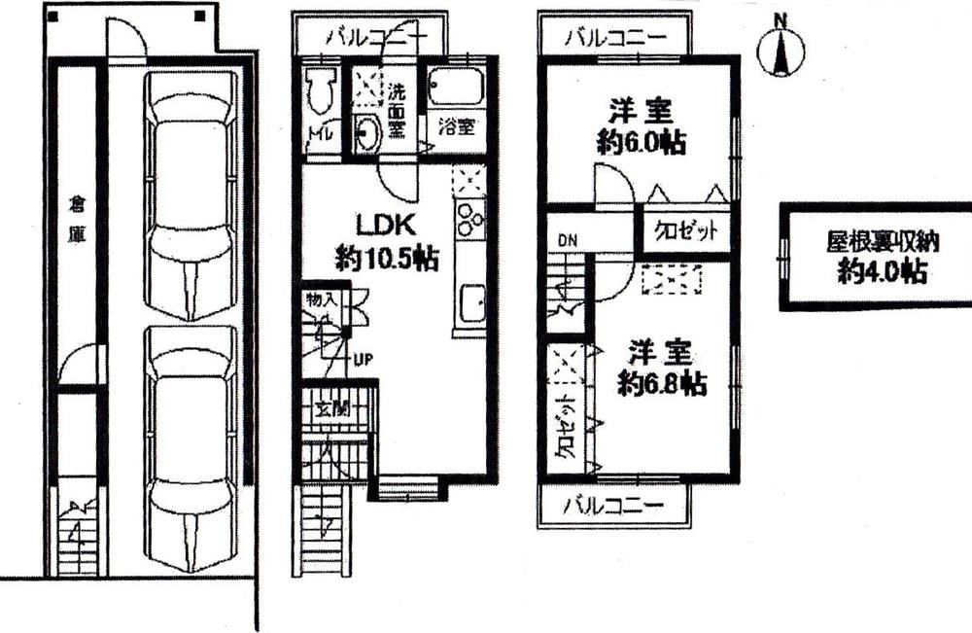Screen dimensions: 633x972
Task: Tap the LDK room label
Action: (386, 225)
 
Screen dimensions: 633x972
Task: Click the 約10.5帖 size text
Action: (386, 259)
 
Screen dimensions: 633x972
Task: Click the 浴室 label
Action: (456, 125)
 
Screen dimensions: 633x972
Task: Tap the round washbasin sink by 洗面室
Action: (366, 134)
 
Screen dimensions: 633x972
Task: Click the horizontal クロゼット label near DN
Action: (685, 232)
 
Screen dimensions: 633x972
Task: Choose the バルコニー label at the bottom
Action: (614, 506)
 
